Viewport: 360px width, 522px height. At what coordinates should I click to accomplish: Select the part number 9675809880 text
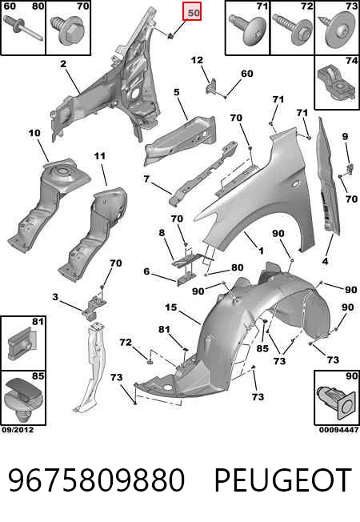(97, 480)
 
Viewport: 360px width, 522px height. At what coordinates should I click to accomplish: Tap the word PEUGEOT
(283, 480)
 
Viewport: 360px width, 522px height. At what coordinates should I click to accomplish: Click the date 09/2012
(18, 430)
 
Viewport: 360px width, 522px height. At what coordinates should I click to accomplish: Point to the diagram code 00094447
(338, 430)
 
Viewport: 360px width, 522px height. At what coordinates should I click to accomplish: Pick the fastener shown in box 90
(335, 403)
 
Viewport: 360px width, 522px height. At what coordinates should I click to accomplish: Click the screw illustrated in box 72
(290, 30)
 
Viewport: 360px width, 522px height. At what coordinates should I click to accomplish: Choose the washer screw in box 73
(336, 30)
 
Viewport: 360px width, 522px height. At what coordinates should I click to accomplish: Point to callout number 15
(171, 307)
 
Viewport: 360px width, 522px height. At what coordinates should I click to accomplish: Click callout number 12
(197, 60)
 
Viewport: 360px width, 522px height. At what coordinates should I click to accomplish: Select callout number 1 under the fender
(261, 250)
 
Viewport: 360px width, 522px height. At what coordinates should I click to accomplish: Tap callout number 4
(325, 261)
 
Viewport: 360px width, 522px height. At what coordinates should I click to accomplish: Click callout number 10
(34, 133)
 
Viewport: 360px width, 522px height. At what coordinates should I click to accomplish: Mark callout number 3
(55, 296)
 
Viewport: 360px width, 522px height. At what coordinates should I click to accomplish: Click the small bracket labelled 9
(350, 168)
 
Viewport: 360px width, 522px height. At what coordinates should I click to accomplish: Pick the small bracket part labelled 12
(211, 86)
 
